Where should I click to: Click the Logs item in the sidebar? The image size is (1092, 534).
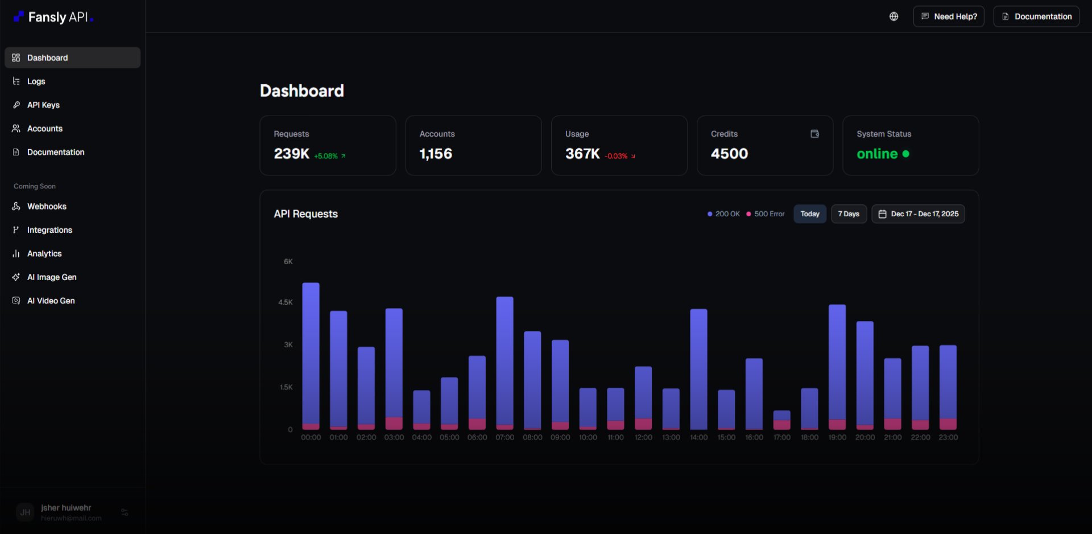click(36, 81)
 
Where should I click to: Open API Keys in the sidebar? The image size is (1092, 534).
click(43, 105)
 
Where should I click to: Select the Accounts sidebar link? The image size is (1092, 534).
click(44, 129)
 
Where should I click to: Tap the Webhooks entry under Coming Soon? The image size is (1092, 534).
click(47, 207)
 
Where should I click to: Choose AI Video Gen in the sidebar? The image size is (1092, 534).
click(51, 301)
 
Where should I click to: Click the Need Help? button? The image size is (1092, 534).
click(948, 17)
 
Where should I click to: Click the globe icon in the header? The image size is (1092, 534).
click(894, 17)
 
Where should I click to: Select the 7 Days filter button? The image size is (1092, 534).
click(848, 214)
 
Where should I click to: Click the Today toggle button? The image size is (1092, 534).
click(809, 214)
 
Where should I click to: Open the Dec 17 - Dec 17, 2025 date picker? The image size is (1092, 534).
click(917, 214)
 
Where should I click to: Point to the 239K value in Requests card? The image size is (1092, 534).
click(291, 154)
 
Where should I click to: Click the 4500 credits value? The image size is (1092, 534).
click(729, 154)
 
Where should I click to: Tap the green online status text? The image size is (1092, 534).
click(877, 154)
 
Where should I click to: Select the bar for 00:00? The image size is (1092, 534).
click(311, 356)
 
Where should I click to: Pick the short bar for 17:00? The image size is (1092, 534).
click(781, 420)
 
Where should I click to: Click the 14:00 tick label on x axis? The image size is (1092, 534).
click(698, 437)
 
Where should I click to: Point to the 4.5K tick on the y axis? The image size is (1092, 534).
click(285, 302)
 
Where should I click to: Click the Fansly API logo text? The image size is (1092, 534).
click(57, 17)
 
